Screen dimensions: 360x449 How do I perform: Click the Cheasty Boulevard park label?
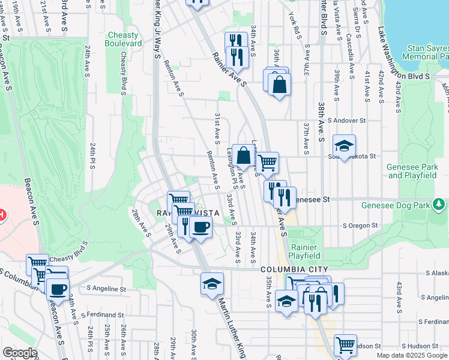pyautogui.click(x=123, y=40)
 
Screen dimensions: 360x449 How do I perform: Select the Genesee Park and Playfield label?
pyautogui.click(x=412, y=171)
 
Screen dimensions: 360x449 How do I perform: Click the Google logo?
pyautogui.click(x=20, y=353)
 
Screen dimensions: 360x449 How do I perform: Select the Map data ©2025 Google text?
pyautogui.click(x=412, y=355)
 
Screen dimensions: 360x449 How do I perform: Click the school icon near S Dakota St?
pyautogui.click(x=345, y=146)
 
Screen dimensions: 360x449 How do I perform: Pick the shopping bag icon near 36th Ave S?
pyautogui.click(x=280, y=85)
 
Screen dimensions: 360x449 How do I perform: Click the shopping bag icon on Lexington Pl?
pyautogui.click(x=244, y=156)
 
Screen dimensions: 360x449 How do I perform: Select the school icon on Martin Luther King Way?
pyautogui.click(x=211, y=284)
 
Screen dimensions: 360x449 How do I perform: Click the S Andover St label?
pyautogui.click(x=342, y=121)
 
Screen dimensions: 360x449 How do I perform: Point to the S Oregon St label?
pyautogui.click(x=360, y=226)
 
